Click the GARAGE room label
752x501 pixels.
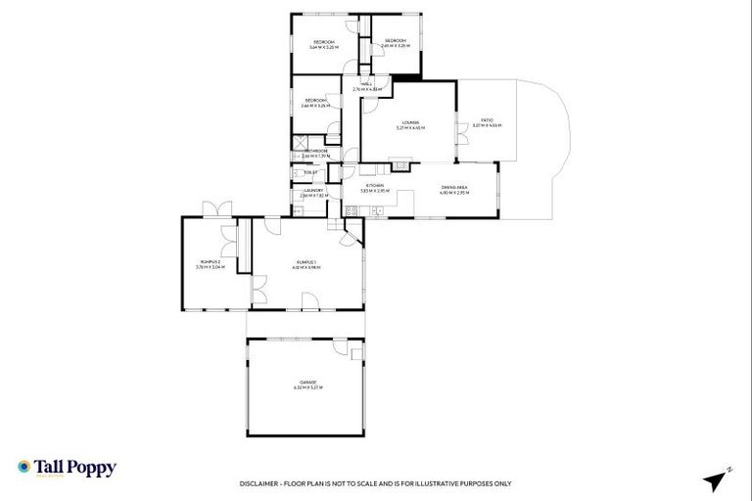[307, 383]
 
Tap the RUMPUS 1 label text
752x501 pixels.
[307, 261]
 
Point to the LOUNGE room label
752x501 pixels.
[408, 122]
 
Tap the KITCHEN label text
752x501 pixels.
[375, 186]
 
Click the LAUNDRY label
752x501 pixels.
[313, 191]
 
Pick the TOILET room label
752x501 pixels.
[312, 173]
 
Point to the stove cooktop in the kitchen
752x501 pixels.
[351, 211]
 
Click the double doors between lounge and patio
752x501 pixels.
[457, 131]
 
